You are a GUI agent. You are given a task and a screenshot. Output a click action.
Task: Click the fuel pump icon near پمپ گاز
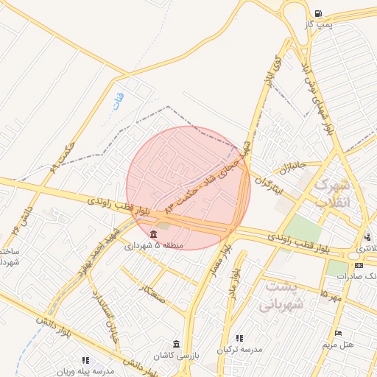317,13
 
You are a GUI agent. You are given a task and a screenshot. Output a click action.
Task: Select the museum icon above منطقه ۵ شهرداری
153,234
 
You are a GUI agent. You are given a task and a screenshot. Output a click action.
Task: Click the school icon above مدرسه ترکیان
240,338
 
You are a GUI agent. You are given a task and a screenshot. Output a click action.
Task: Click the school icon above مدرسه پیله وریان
86,360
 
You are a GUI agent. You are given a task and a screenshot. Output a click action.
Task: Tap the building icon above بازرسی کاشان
175,343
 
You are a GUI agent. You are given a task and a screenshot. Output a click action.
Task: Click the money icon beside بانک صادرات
359,265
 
